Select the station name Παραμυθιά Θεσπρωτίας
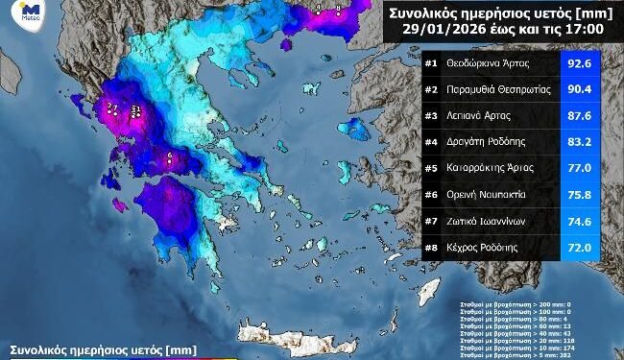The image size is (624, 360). (x=495, y=91)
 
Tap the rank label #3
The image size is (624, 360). (x=431, y=117)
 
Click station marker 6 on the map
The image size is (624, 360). (x=170, y=156)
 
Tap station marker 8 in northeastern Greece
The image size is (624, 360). (x=339, y=8)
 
